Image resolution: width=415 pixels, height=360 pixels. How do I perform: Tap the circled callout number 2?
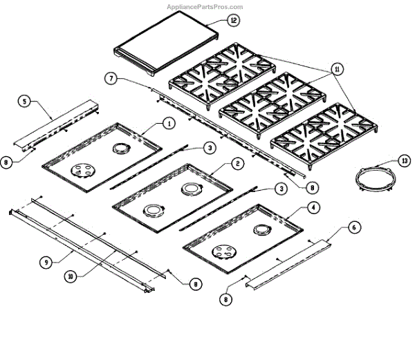237,164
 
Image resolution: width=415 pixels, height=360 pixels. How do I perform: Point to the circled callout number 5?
25,102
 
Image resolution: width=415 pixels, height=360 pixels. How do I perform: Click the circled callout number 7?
110,79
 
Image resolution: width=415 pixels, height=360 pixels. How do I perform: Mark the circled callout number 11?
337,69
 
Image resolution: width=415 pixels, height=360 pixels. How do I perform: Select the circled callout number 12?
233,21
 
